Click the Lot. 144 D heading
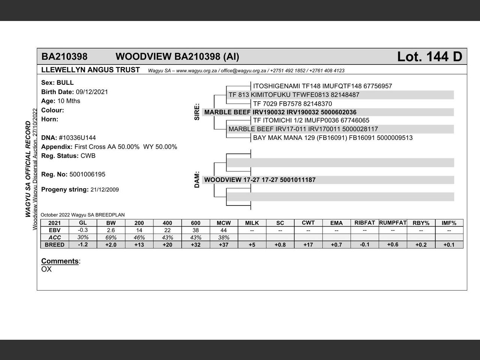[429, 57]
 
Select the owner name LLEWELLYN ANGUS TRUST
[90, 70]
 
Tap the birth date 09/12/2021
[92, 92]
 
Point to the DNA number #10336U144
[77, 138]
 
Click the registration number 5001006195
[87, 174]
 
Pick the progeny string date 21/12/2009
[105, 190]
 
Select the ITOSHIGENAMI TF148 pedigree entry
[322, 86]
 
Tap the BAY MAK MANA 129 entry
[333, 138]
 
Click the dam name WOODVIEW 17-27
[260, 180]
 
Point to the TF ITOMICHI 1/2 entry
[311, 120]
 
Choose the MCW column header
[223, 223]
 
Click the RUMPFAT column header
[393, 223]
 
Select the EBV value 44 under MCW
[223, 230]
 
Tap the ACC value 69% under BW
[111, 237]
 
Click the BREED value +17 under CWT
[308, 244]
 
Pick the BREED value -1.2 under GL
[83, 244]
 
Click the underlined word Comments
[60, 261]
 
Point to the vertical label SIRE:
[197, 112]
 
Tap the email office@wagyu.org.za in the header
[243, 70]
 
